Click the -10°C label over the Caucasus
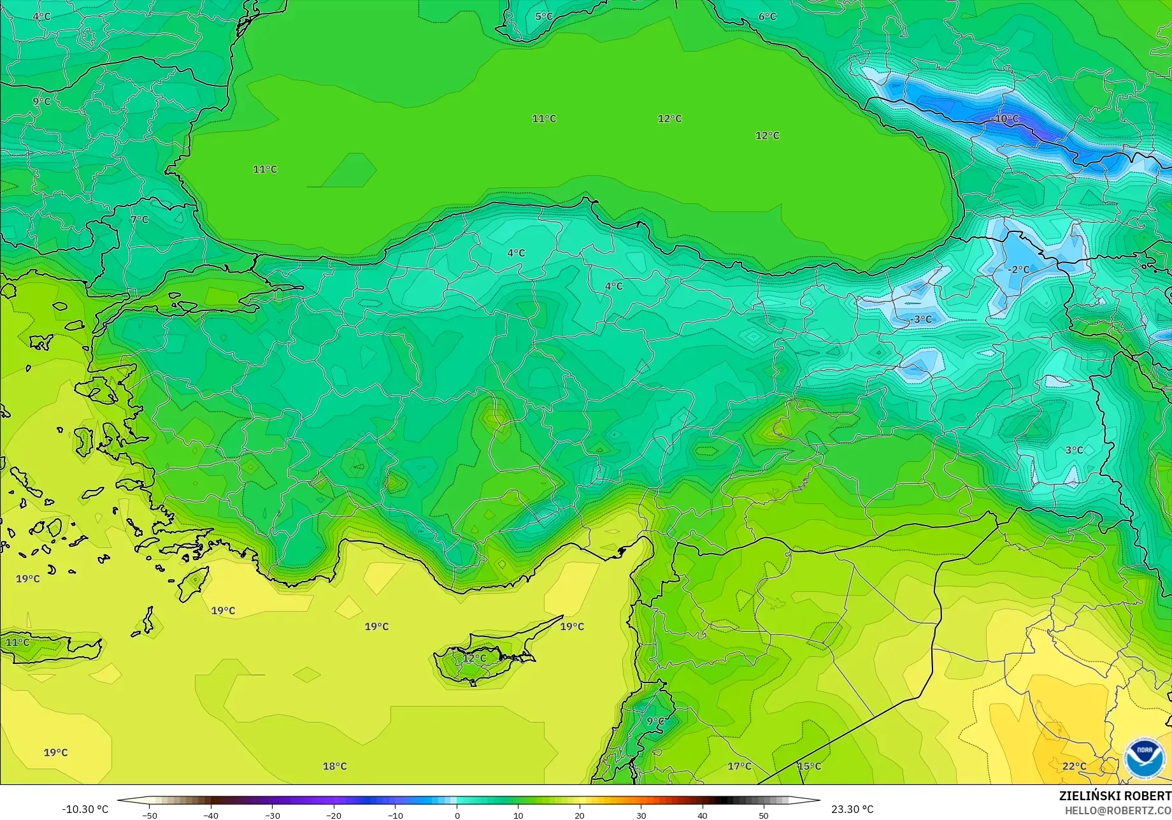point(1006,119)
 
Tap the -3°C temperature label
point(920,319)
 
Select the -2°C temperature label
point(1018,270)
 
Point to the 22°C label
point(1074,766)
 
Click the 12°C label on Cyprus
point(474,658)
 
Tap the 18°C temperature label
point(334,766)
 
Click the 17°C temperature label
point(739,766)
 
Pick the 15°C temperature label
point(809,766)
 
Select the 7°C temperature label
point(139,220)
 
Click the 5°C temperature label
point(543,17)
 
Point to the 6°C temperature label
point(767,17)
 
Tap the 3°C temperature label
point(1074,450)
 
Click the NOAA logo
point(1144,758)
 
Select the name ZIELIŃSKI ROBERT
point(1115,796)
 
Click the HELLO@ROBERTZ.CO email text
point(1118,810)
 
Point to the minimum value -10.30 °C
point(85,809)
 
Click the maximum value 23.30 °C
point(852,809)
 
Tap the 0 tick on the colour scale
point(457,816)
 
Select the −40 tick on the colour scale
point(211,816)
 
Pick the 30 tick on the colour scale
point(641,816)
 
